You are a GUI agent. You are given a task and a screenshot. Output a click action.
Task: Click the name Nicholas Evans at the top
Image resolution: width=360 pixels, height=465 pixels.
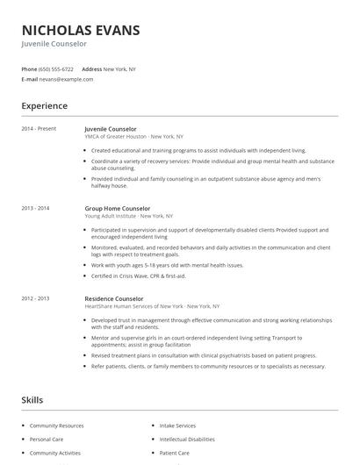(x=81, y=31)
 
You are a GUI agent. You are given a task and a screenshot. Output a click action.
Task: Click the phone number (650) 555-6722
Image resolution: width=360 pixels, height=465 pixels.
(x=57, y=68)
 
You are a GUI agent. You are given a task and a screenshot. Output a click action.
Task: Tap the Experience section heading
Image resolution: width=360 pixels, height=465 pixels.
(x=45, y=106)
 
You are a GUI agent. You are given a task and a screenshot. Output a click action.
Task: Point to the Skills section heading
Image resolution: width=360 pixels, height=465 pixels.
(x=32, y=399)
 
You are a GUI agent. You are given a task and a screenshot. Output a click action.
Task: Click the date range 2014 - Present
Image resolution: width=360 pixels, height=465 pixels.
(x=39, y=129)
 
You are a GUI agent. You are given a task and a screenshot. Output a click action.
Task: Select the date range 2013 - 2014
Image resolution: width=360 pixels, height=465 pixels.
(x=36, y=208)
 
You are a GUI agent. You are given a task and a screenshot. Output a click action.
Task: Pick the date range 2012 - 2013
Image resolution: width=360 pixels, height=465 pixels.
(x=36, y=298)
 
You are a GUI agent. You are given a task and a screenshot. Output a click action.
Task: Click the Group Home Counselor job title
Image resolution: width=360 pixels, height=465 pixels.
(x=117, y=208)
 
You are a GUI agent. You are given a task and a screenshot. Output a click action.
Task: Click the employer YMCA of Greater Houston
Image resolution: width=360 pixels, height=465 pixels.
(x=115, y=137)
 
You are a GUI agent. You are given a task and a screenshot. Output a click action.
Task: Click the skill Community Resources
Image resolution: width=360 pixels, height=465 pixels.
(x=57, y=426)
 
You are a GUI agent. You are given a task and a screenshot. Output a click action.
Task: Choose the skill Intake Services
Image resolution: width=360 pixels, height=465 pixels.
(x=177, y=426)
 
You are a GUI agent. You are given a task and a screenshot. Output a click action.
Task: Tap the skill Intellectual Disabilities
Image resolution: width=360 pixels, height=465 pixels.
(x=186, y=439)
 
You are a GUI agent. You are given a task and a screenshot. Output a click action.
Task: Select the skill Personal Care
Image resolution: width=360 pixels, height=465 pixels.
(x=47, y=439)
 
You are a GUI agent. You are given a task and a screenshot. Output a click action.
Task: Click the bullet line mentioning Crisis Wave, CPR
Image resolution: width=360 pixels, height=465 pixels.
(x=139, y=275)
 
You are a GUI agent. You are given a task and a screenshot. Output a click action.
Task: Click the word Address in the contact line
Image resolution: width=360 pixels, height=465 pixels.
(x=91, y=68)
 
